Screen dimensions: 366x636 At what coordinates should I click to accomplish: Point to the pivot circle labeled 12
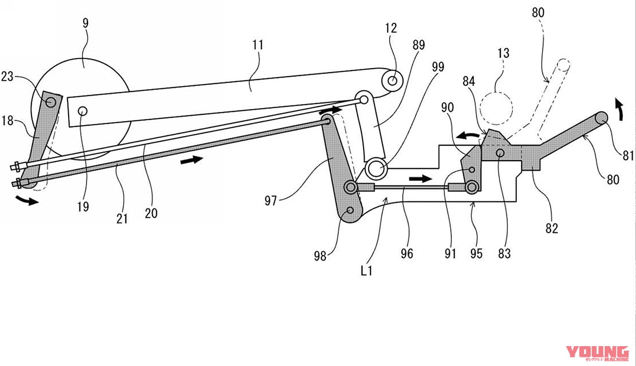393,80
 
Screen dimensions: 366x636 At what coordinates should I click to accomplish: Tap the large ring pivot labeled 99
376,169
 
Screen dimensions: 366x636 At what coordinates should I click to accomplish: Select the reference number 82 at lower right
551,228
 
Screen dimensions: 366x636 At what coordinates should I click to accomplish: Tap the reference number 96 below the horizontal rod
407,254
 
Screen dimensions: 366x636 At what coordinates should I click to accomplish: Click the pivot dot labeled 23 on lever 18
50,101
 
